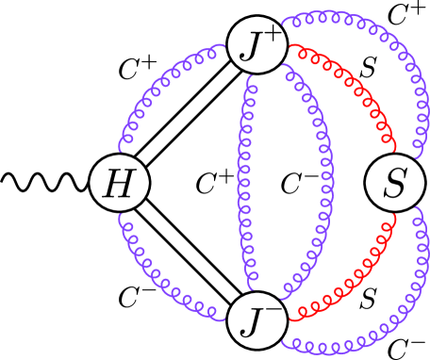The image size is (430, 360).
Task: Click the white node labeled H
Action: pos(120,183)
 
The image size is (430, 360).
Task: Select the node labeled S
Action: pos(394,183)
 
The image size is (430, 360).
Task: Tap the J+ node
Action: pos(257,44)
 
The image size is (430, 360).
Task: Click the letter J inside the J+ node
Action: pos(251,47)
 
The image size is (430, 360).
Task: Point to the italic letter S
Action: pos(394,184)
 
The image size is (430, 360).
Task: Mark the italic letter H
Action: pos(120,184)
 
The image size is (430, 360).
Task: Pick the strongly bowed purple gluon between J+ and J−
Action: pos(325,183)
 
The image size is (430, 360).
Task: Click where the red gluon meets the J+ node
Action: pos(288,46)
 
